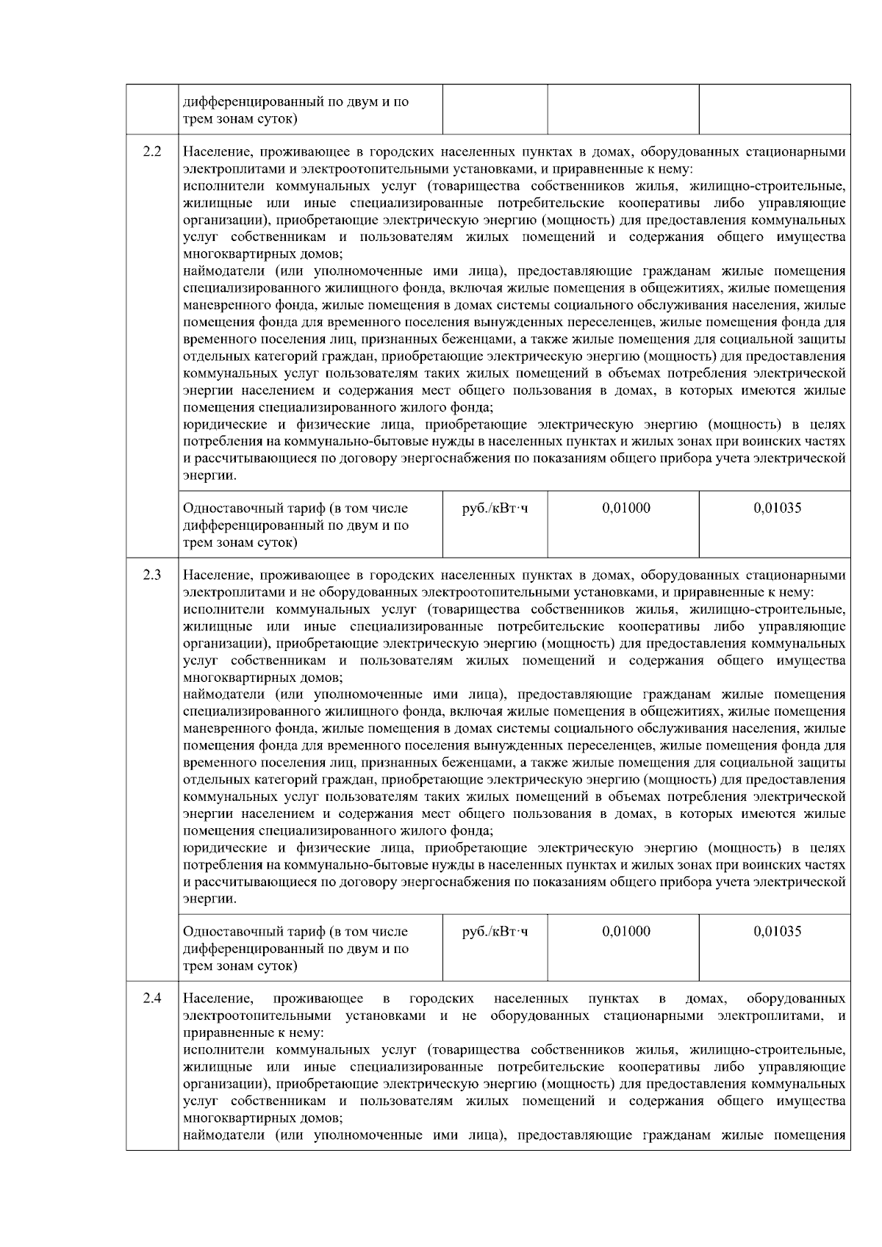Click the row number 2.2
click(x=152, y=153)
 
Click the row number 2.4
click(x=152, y=999)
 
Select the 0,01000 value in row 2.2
click(x=626, y=508)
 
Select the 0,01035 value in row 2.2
click(x=777, y=508)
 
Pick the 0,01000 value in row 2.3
click(x=626, y=932)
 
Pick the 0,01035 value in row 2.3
click(x=777, y=932)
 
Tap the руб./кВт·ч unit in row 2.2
click(x=495, y=508)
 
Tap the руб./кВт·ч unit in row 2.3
click(x=495, y=932)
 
